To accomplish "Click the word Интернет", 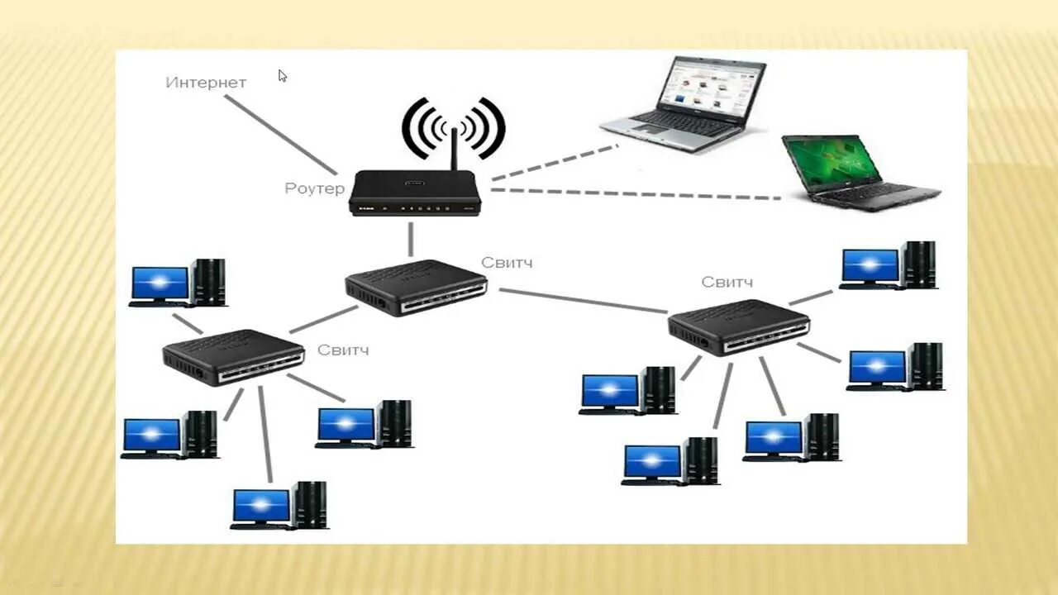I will [x=206, y=83].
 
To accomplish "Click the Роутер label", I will [x=314, y=188].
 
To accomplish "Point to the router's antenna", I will [x=454, y=149].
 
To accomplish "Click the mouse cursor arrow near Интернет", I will [x=282, y=76].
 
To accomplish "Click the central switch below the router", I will [x=416, y=287].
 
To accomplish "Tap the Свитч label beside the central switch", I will [x=507, y=263].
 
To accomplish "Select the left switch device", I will [x=233, y=357].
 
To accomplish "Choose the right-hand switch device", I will [x=738, y=327].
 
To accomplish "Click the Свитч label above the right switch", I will [x=727, y=283].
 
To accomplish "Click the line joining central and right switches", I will [x=583, y=300].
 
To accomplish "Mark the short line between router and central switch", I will [x=410, y=240].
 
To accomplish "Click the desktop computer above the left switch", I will [x=178, y=283].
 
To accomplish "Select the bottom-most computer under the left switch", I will [x=279, y=505].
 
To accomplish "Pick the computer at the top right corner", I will [x=889, y=266].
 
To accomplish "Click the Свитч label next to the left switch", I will [x=343, y=350].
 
